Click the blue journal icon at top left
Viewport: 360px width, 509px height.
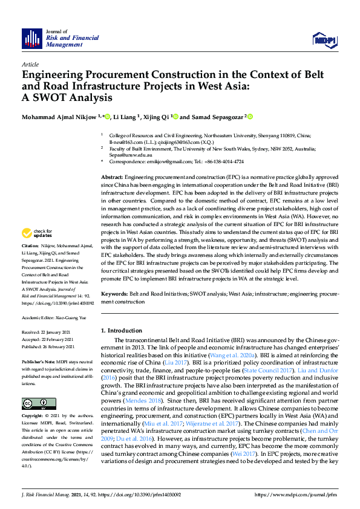pyautogui.click(x=32, y=39)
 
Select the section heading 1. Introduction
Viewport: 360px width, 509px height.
pyautogui.click(x=124, y=331)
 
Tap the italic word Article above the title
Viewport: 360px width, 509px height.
pyautogui.click(x=30, y=64)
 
